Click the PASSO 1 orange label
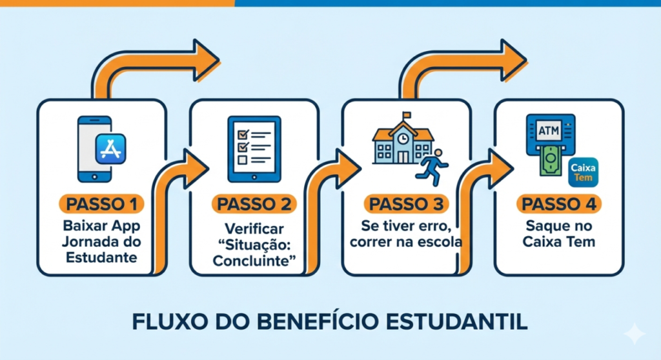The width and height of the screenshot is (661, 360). point(102,205)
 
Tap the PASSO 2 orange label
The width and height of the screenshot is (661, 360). point(254,205)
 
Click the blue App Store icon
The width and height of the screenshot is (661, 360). point(110,150)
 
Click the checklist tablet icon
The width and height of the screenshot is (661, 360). point(255,148)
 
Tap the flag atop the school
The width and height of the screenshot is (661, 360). point(407,115)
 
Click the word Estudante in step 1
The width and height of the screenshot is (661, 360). point(102,258)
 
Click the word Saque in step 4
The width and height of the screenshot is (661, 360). point(542,227)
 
